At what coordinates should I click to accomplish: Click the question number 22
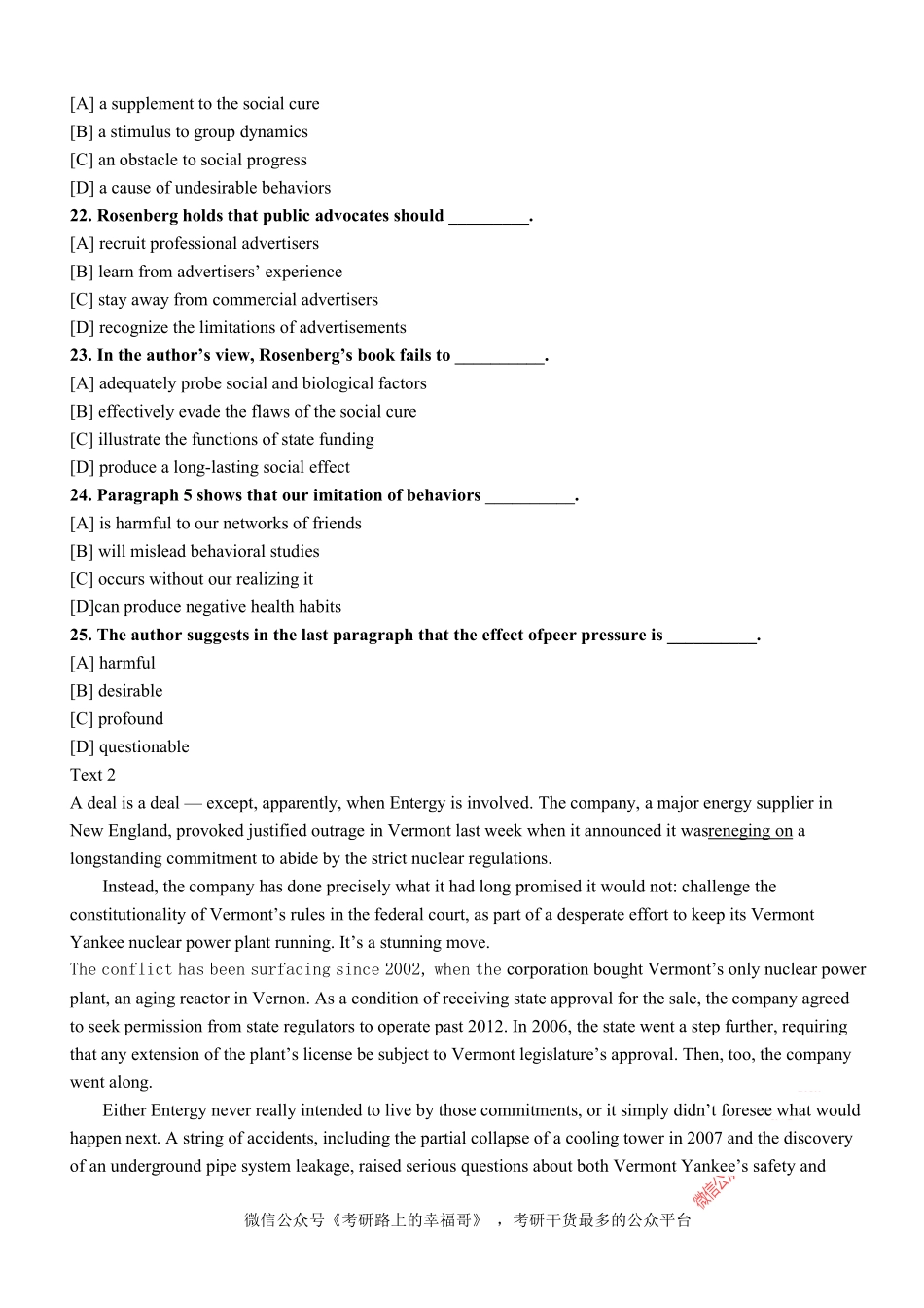[x=81, y=216]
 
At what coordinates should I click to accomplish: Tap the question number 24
[x=81, y=495]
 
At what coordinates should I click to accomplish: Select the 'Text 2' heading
[x=92, y=775]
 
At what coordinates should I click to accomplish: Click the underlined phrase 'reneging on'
[x=750, y=831]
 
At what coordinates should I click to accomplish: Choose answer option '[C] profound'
[x=117, y=719]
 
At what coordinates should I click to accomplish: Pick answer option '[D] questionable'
[x=129, y=747]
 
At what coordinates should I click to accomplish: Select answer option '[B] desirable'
[x=117, y=691]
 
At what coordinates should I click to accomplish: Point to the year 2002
[x=404, y=970]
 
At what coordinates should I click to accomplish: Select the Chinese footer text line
[x=467, y=1220]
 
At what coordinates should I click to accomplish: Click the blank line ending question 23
[x=499, y=357]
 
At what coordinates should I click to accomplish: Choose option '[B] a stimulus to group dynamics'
[x=189, y=132]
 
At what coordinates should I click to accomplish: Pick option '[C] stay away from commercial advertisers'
[x=224, y=300]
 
